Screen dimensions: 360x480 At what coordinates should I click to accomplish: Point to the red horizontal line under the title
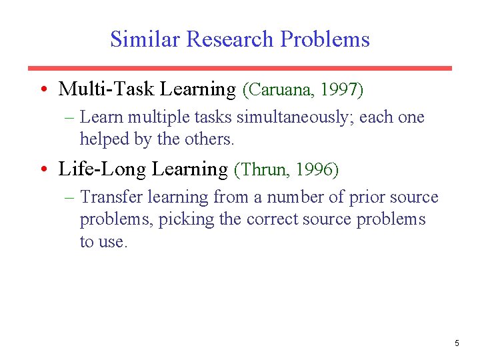click(239, 68)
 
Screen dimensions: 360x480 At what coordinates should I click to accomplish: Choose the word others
click(211, 139)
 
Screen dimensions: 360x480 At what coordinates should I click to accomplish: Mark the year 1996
click(316, 170)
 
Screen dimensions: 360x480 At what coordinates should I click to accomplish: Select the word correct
click(273, 220)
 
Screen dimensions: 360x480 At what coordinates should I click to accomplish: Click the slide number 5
click(457, 343)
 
